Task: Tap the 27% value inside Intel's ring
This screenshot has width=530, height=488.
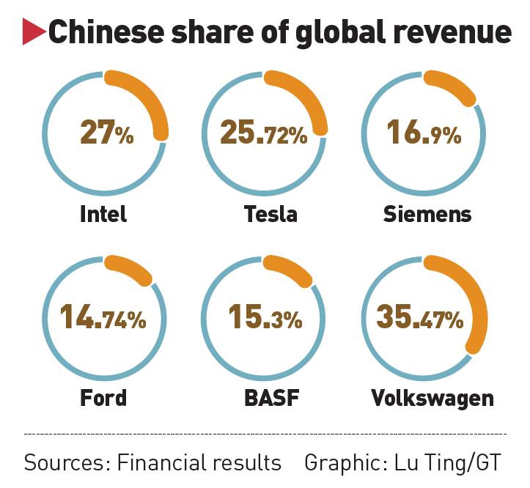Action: click(106, 134)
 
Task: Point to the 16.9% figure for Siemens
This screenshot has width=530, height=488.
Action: click(424, 134)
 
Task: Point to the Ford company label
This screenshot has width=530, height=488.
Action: click(103, 397)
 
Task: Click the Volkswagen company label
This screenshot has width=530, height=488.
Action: click(432, 397)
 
